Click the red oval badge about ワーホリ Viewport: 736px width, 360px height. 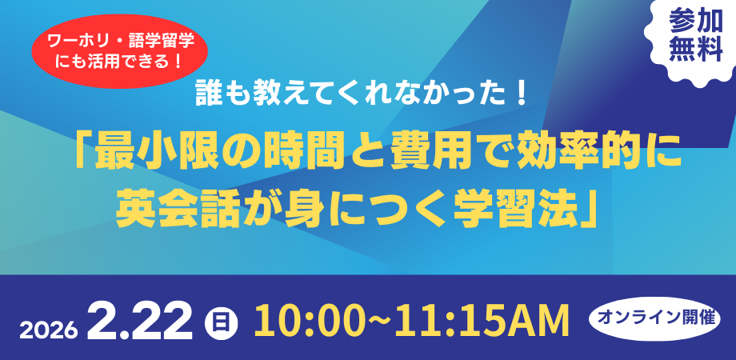click(119, 51)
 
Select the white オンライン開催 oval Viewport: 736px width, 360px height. click(655, 318)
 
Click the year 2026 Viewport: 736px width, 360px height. click(49, 330)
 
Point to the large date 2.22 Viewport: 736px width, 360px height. click(140, 321)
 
